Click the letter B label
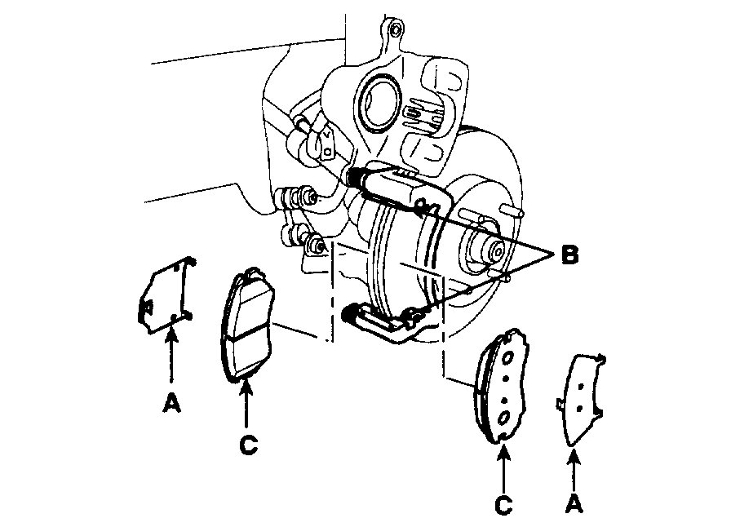pos(569,255)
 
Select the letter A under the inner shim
pos(171,403)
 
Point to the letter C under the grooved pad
pos(248,444)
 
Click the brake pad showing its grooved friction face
pos(248,324)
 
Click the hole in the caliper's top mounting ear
pos(394,31)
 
